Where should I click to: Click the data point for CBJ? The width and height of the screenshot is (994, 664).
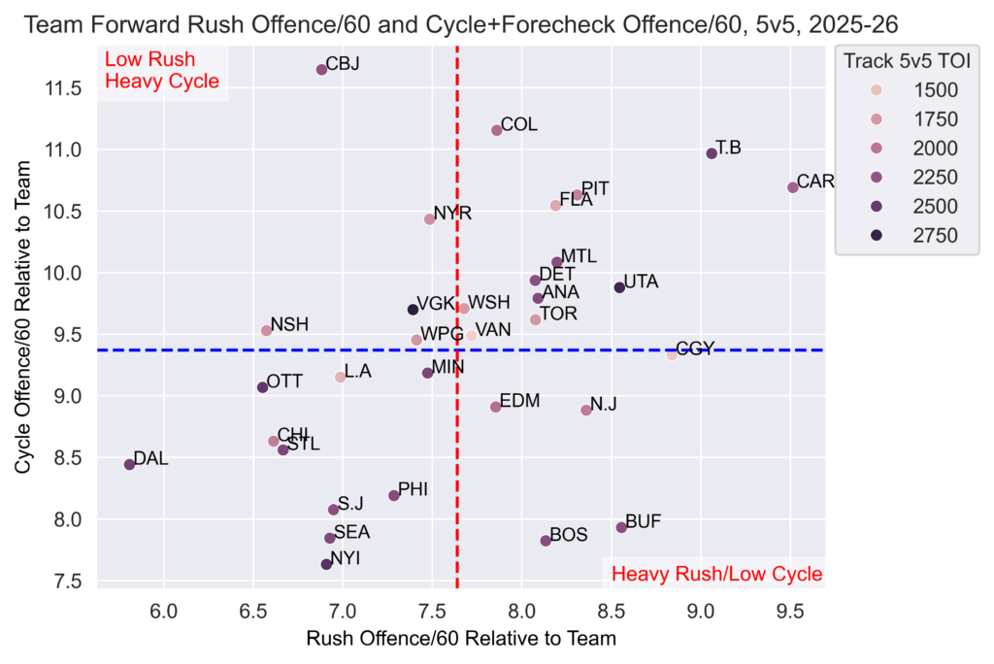pos(322,70)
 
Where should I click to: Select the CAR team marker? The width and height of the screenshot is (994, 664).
pos(793,187)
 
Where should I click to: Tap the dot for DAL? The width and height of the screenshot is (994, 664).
pos(130,465)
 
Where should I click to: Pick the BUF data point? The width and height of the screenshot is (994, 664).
pos(621,527)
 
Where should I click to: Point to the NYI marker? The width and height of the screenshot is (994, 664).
pos(327,564)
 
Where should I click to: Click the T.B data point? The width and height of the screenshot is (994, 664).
pos(712,153)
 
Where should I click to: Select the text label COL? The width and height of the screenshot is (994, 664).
pos(519,124)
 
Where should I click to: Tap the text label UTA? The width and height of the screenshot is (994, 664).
pos(641,282)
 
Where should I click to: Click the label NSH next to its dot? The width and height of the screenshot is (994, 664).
pos(289,324)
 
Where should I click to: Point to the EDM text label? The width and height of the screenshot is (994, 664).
pos(519,401)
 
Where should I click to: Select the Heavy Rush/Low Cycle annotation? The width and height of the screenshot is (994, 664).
pos(716,574)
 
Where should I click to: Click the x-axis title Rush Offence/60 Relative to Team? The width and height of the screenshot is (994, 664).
pos(461,639)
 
